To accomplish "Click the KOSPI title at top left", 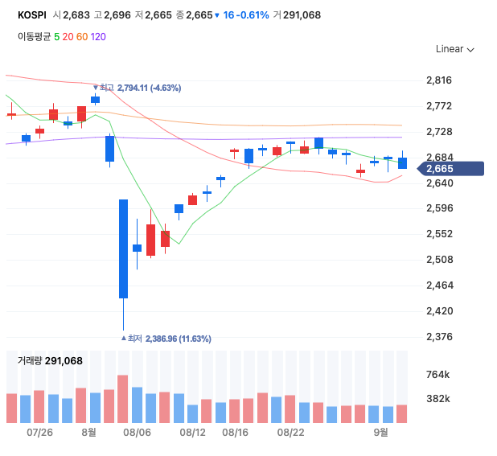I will click(x=31, y=15).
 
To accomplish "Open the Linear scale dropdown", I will click(x=454, y=49).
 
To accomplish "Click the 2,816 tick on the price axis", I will click(x=438, y=80).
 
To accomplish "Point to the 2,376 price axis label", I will click(x=438, y=337).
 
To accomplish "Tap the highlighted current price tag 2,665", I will click(x=441, y=168).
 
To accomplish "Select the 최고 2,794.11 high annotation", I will click(x=141, y=88).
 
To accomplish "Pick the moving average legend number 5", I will click(x=57, y=36).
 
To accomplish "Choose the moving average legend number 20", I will click(x=68, y=36).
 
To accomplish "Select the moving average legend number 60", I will click(x=81, y=36).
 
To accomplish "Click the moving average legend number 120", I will click(x=97, y=36).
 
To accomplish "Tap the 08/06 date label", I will click(x=138, y=433).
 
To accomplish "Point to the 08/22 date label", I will click(x=290, y=433).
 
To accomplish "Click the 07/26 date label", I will click(x=39, y=433).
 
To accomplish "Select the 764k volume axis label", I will click(x=437, y=375).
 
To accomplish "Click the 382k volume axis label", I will click(x=437, y=399).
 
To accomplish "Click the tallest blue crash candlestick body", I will click(x=124, y=249).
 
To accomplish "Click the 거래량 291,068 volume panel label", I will click(x=50, y=361).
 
